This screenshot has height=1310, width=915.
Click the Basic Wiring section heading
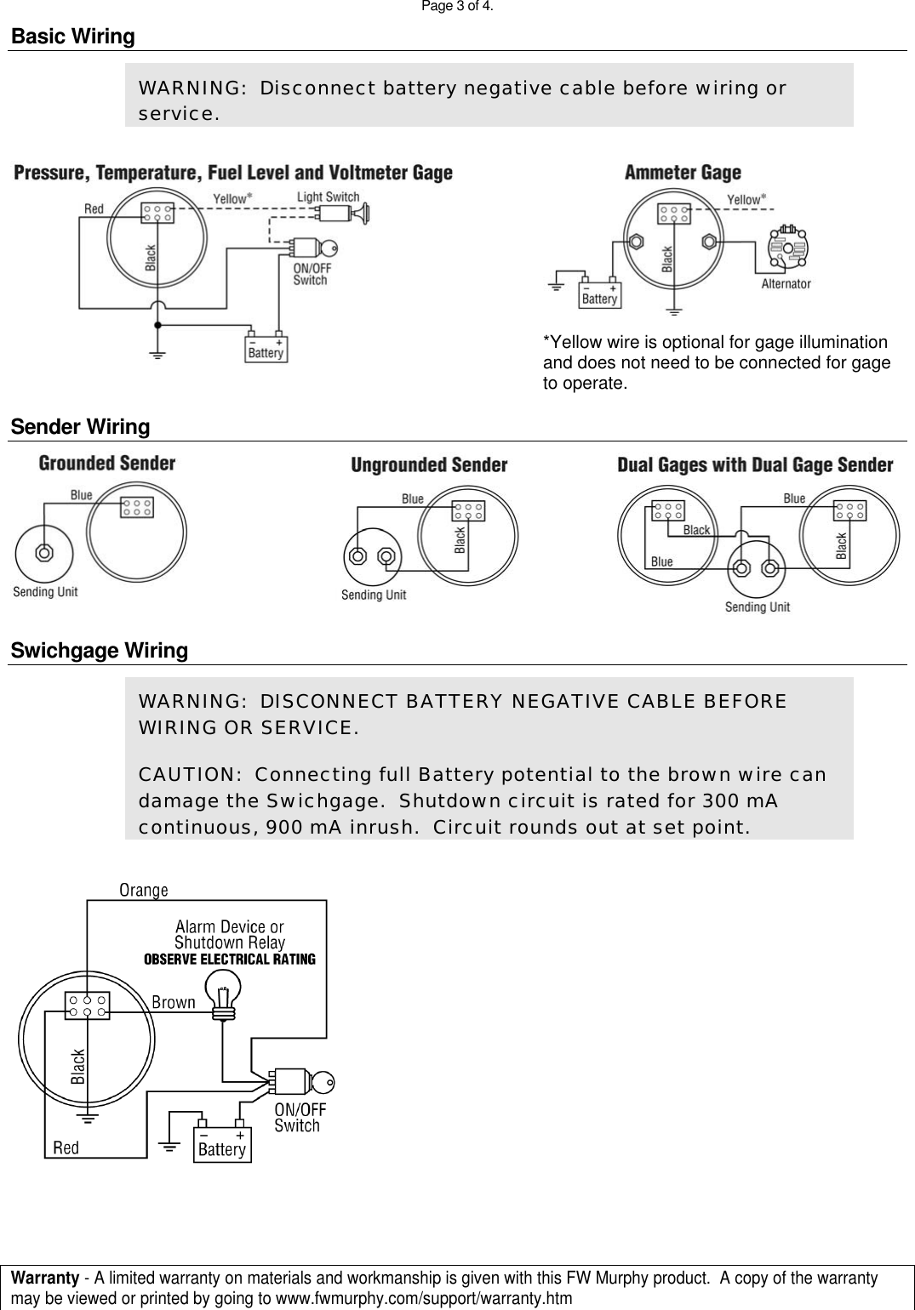(x=72, y=37)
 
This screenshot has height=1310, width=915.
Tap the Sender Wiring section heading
(x=80, y=427)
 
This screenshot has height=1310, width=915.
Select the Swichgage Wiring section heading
(x=99, y=651)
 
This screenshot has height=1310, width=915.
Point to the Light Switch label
(x=328, y=197)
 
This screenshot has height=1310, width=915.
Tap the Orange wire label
(x=144, y=890)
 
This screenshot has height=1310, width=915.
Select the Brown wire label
(x=174, y=1002)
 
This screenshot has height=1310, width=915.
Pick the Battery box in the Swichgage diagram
(x=222, y=1145)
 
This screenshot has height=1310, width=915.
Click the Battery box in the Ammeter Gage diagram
(x=600, y=293)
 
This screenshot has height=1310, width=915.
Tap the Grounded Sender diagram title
(x=107, y=464)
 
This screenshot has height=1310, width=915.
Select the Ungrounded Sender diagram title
(x=429, y=464)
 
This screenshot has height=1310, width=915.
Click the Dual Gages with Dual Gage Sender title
(x=755, y=464)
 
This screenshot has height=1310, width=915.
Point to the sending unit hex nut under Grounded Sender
(x=43, y=552)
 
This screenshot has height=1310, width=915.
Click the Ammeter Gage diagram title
(x=683, y=173)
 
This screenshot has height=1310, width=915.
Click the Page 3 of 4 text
(x=457, y=7)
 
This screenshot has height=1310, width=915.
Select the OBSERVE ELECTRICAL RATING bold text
(x=230, y=959)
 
